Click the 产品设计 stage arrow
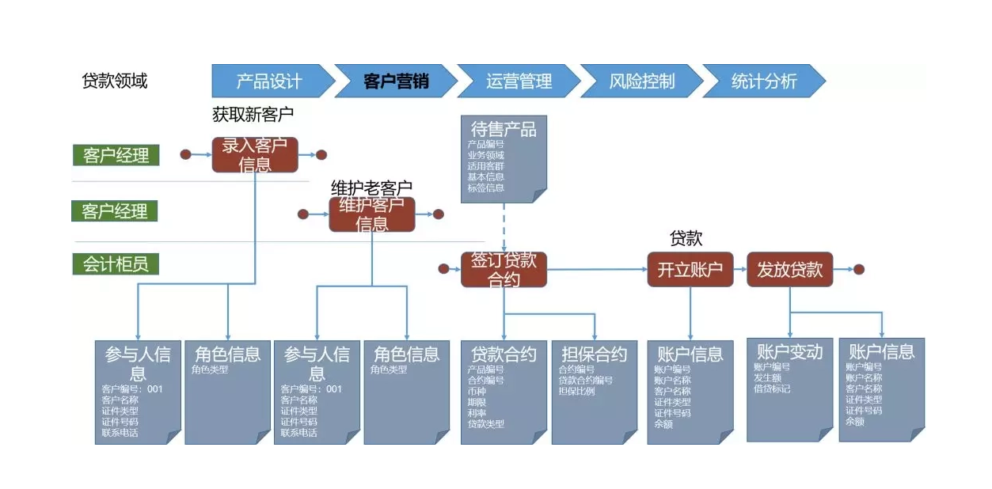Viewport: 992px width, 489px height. (269, 81)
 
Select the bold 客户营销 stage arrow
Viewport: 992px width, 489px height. (395, 81)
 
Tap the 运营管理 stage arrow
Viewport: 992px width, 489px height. (519, 81)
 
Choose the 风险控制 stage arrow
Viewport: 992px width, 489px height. (641, 81)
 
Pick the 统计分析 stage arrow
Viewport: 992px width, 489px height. (764, 81)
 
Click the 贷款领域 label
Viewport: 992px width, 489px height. (115, 81)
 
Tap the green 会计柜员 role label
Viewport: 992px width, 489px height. (116, 263)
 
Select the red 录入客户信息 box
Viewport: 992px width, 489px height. (255, 154)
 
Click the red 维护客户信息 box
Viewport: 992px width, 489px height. (372, 214)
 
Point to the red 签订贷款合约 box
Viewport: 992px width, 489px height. (504, 269)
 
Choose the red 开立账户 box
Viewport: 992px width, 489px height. (690, 269)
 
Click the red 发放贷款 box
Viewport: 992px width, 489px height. (789, 269)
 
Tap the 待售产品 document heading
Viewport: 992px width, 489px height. (504, 129)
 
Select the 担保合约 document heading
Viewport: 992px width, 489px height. (594, 354)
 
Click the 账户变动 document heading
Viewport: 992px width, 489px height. (789, 351)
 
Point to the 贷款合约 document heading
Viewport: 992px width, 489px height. (504, 354)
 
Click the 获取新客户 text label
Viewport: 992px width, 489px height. (253, 114)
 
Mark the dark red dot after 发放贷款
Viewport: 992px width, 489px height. (859, 269)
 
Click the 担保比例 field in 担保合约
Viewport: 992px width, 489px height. (576, 391)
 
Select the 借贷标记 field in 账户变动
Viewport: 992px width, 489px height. (772, 389)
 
